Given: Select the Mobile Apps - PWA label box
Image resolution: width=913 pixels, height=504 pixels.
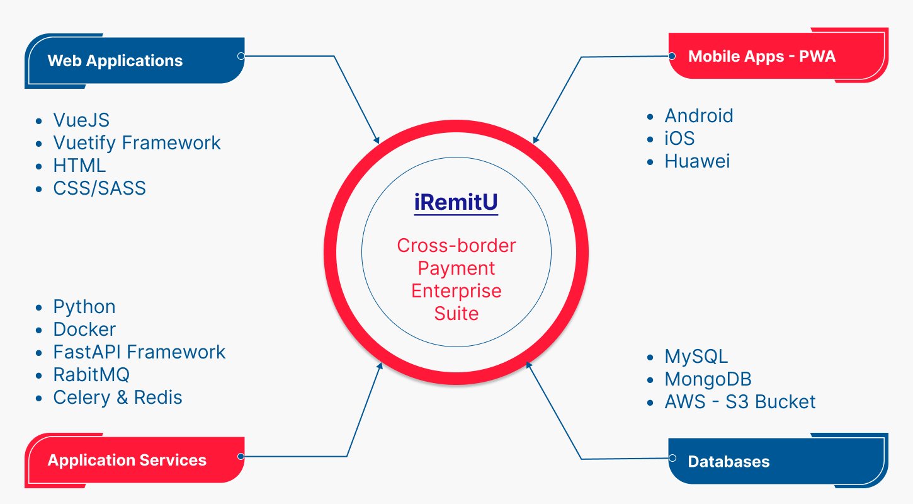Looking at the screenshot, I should pyautogui.click(x=778, y=57).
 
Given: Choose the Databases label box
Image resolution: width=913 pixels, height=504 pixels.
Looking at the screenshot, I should pyautogui.click(x=778, y=461).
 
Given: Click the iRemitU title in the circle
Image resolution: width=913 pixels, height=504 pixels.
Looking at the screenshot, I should pyautogui.click(x=456, y=203).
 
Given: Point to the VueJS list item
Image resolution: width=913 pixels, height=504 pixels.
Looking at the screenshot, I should pyautogui.click(x=81, y=120).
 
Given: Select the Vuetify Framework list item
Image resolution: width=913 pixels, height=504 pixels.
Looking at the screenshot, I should pyautogui.click(x=137, y=143).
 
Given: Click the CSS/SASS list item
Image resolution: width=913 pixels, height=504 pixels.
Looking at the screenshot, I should pyautogui.click(x=99, y=188).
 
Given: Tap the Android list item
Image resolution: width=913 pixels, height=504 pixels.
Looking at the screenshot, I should pyautogui.click(x=699, y=116).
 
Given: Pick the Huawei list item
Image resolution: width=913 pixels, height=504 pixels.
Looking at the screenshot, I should pyautogui.click(x=697, y=161).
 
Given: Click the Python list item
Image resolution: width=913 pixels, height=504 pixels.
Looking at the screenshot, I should pyautogui.click(x=84, y=307).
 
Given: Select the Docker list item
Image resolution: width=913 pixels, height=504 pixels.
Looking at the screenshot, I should pyautogui.click(x=84, y=329).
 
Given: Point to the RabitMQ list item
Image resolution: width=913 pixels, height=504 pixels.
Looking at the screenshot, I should pyautogui.click(x=91, y=375).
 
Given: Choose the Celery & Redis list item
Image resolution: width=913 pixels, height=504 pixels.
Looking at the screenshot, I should pyautogui.click(x=118, y=398).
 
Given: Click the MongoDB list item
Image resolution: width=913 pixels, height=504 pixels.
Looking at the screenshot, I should pyautogui.click(x=708, y=379).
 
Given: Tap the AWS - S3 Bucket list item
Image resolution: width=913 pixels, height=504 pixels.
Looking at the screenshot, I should pyautogui.click(x=740, y=402).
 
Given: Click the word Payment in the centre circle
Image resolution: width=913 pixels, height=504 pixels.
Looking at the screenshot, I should pyautogui.click(x=456, y=268).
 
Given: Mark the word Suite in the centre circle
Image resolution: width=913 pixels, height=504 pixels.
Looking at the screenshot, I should pyautogui.click(x=456, y=314).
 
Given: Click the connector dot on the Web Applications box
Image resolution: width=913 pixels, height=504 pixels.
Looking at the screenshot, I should pyautogui.click(x=241, y=56).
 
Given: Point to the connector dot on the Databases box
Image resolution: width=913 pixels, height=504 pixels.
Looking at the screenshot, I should pyautogui.click(x=672, y=458).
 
